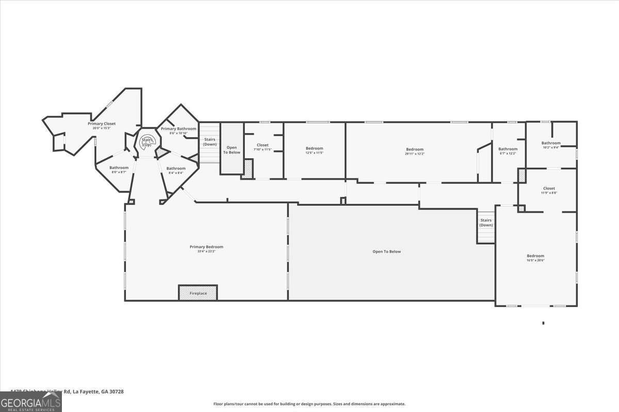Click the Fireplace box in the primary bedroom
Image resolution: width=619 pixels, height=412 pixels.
click(198, 293)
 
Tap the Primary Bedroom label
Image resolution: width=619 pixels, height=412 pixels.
click(206, 247)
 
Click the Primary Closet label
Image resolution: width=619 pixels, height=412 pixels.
click(102, 124)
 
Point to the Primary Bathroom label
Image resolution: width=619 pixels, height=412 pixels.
click(178, 128)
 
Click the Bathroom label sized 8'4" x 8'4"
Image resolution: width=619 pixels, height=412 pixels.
click(176, 168)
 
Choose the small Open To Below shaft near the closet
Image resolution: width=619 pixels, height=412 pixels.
click(232, 149)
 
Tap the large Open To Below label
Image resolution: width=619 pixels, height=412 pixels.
click(387, 251)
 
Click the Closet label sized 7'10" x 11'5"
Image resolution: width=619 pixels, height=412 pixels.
click(263, 145)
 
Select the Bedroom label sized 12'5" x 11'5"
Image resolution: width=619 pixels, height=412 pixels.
click(314, 148)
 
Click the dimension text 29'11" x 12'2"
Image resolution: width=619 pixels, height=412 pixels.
click(415, 153)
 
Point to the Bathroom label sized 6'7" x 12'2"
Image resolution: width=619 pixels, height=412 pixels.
click(508, 149)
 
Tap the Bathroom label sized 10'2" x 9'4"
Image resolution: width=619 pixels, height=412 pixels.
click(550, 143)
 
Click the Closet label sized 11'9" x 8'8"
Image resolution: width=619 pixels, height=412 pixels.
click(549, 188)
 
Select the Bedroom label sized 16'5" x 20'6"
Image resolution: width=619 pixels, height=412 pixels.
click(535, 256)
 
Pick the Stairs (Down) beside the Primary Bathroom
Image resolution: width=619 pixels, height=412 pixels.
click(210, 142)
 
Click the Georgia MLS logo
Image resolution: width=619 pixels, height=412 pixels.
click(31, 402)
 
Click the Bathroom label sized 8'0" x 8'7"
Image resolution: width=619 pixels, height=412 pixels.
click(119, 167)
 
